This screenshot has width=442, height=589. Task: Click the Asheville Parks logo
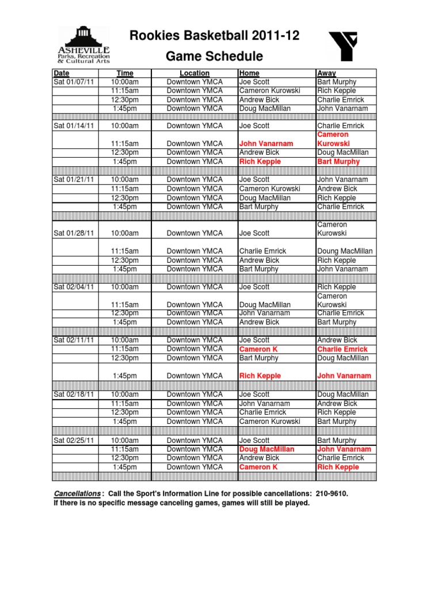click(x=84, y=44)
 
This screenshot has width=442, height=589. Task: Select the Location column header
click(x=195, y=73)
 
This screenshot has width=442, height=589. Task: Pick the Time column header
click(x=125, y=73)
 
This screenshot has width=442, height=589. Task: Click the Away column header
click(x=327, y=73)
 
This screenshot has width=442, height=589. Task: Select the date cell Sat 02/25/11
click(x=74, y=440)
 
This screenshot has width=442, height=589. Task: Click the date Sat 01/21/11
click(x=74, y=179)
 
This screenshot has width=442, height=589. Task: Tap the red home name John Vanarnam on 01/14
click(x=266, y=143)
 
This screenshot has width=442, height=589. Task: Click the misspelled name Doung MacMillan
click(x=345, y=251)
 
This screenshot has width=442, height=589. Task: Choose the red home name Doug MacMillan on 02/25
click(x=266, y=449)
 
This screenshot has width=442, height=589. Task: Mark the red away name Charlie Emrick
click(x=342, y=349)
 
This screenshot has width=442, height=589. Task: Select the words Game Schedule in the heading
click(x=215, y=56)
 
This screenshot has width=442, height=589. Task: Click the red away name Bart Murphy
click(x=338, y=162)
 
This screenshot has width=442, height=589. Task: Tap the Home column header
click(x=249, y=73)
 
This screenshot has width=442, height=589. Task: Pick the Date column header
click(x=61, y=73)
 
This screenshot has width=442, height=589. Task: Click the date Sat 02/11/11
click(x=74, y=340)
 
